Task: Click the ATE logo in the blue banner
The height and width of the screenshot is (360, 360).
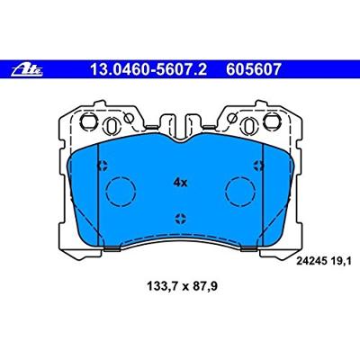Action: pos(27,69)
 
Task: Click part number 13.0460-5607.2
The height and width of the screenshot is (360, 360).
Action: pos(148,69)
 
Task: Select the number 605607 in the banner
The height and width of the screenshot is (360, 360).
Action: pos(254,69)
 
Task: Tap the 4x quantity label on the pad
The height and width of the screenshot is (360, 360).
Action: pos(180,183)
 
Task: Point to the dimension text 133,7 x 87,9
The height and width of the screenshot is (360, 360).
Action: pos(182,287)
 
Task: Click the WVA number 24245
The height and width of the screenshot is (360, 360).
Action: pos(311,261)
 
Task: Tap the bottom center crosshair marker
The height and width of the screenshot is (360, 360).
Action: pos(181,219)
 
